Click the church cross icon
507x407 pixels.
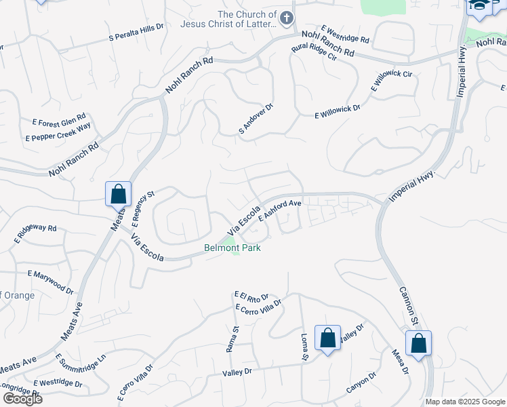[x=287, y=18]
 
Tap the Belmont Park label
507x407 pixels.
[x=232, y=248]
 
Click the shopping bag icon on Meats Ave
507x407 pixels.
[x=119, y=193]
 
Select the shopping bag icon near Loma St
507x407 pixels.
[x=327, y=338]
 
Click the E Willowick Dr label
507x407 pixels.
[x=338, y=112]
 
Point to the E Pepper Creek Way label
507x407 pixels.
[x=58, y=132]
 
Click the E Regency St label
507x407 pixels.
[x=143, y=208]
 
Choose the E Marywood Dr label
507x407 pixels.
[x=50, y=282]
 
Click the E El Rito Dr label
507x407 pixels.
[x=251, y=296]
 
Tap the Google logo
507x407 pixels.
[x=22, y=398]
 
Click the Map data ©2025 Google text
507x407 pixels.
[x=464, y=402]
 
